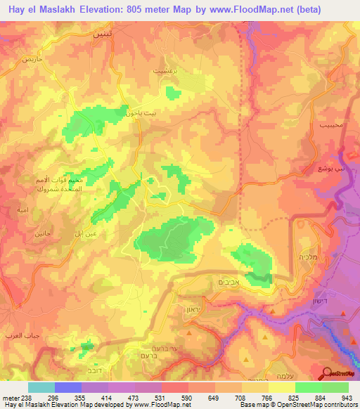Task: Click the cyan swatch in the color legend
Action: pos(41,387)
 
